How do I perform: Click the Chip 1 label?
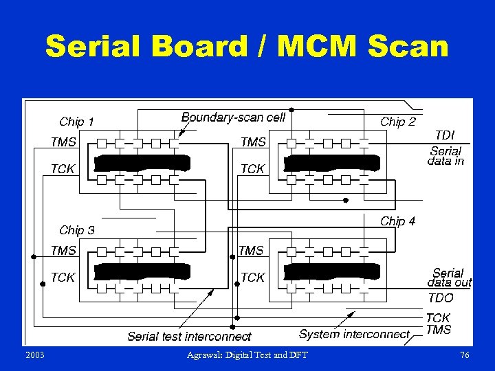(x=76, y=122)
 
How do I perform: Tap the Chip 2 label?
(x=398, y=122)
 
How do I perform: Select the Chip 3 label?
(x=77, y=230)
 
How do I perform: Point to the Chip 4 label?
(x=398, y=221)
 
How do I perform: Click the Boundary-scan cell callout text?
(x=233, y=117)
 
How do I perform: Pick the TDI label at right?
(x=445, y=135)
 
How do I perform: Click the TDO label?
(x=441, y=298)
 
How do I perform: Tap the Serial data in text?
(x=445, y=156)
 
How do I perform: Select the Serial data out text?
(x=450, y=278)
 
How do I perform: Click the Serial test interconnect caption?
(x=189, y=337)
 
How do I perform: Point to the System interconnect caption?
(x=354, y=335)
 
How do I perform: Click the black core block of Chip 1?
(x=142, y=163)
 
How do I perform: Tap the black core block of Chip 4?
(x=332, y=271)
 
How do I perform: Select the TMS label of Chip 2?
(x=253, y=142)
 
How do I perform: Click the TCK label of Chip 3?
(x=63, y=278)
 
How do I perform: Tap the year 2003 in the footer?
(x=34, y=355)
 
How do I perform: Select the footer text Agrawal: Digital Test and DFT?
(x=247, y=355)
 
